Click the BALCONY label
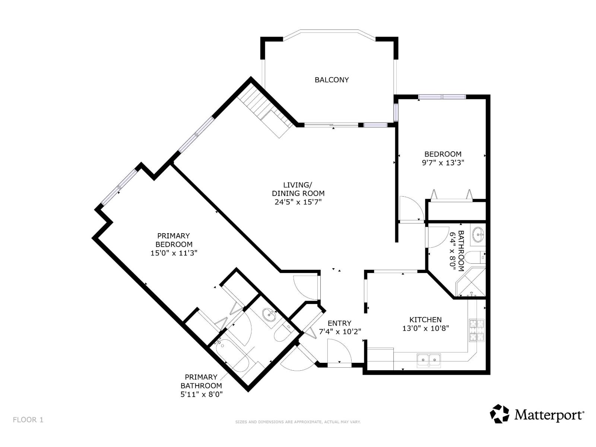point(332,80)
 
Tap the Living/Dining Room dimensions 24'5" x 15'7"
point(298,202)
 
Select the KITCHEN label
point(425,320)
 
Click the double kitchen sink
point(429,359)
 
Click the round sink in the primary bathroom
point(269,315)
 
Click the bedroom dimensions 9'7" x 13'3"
point(443,163)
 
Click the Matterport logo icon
point(499,414)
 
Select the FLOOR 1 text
point(28,420)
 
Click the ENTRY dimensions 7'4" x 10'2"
point(340,332)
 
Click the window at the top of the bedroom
point(442,97)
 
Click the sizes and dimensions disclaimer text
point(298,422)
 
